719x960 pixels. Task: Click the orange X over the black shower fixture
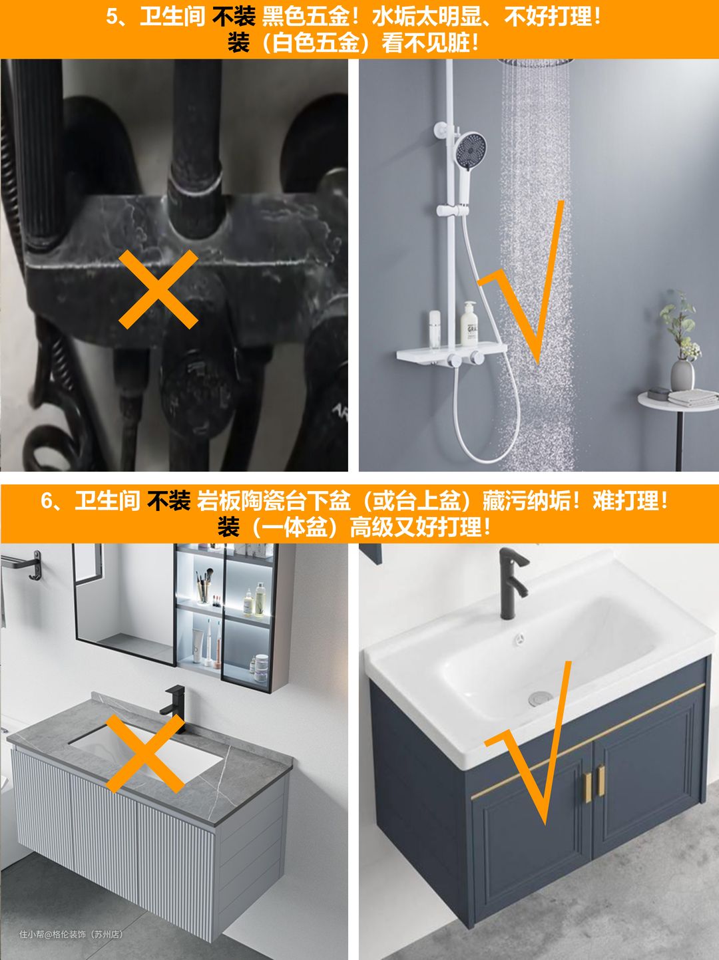158,289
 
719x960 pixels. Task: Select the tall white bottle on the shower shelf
469,324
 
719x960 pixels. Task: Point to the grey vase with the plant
682,375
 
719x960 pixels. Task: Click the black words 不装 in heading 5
233,17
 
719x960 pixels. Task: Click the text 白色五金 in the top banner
316,44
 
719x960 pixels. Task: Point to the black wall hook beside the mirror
35,565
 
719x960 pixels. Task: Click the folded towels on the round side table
692,398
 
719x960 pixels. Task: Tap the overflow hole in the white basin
520,640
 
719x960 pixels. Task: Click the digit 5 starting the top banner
113,17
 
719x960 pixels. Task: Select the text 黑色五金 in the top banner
306,17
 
